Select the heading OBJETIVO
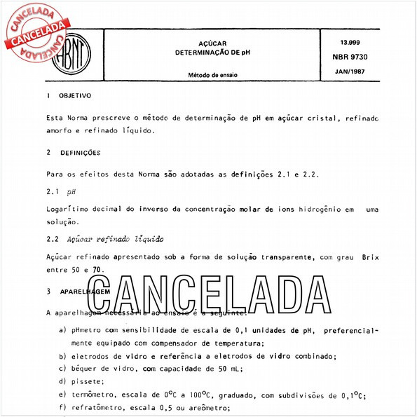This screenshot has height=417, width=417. pos(74,95)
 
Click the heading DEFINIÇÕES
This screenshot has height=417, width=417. pos(81,152)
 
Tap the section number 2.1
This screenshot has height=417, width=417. pos(52,191)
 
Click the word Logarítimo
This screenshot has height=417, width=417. pos(68,210)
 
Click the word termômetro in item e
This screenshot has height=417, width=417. pos(95,395)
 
